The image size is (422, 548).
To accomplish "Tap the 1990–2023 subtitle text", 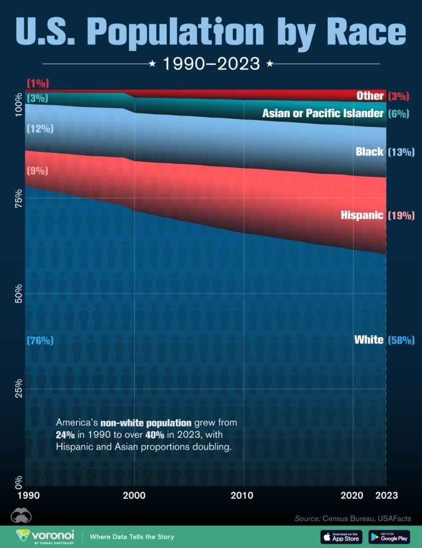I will [211, 64].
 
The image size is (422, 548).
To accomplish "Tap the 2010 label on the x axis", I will [244, 495].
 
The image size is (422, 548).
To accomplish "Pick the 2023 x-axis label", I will [386, 495].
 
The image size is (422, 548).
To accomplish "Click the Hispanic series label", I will [362, 215].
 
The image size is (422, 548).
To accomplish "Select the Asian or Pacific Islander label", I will [323, 113].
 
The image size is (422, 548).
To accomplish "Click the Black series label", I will [369, 152].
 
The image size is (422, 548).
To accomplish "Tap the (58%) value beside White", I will [401, 340].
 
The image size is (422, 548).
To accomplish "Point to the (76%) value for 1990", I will [40, 340].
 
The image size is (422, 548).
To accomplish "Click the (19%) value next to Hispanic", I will [401, 215].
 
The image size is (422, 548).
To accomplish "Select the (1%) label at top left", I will [38, 83].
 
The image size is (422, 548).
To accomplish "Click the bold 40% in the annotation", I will [156, 434].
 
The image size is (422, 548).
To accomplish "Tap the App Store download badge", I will [341, 536].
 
